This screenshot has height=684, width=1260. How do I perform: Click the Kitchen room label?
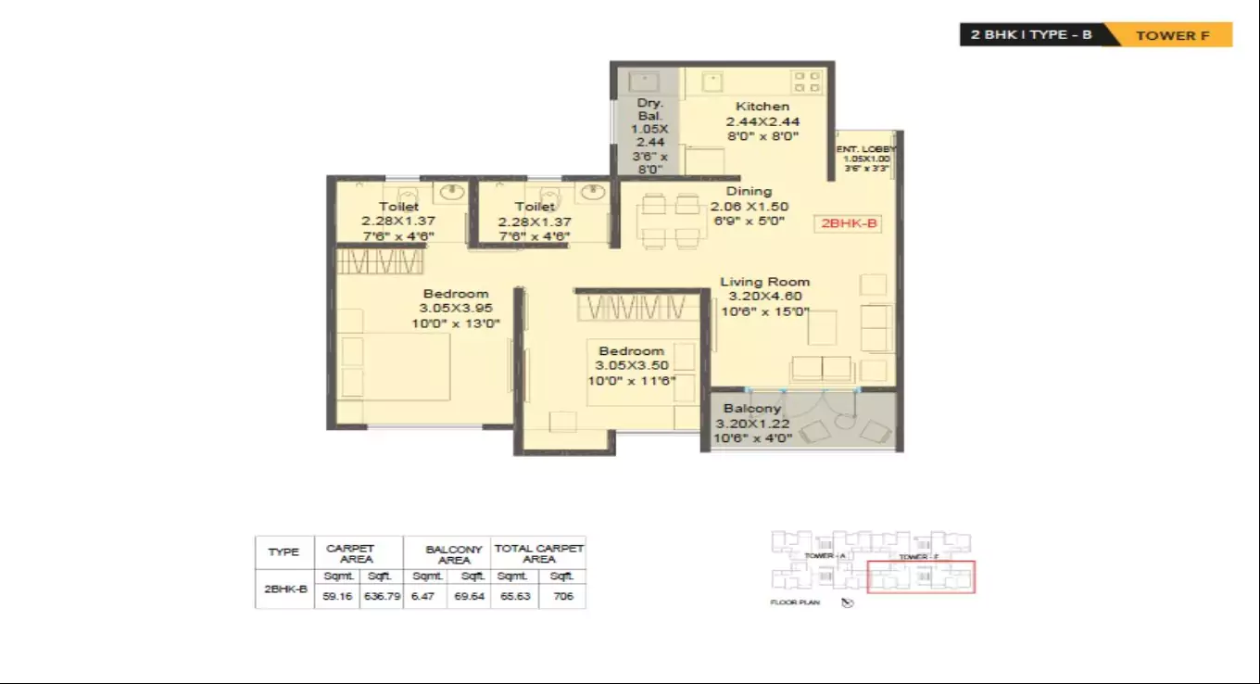[x=762, y=107]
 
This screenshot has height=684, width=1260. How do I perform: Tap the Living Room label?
[x=765, y=282]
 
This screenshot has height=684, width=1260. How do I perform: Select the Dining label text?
[x=749, y=191]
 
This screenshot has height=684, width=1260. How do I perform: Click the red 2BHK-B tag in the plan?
[x=849, y=223]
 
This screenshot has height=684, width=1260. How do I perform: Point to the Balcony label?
[x=752, y=408]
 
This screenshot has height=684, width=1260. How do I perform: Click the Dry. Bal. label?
[x=649, y=110]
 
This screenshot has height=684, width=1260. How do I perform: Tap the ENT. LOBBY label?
[x=866, y=148]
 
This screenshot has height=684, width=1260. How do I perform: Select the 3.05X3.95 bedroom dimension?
[x=456, y=309]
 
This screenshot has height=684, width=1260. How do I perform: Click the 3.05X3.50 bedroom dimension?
[x=632, y=365]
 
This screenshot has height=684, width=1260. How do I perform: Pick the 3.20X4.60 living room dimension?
[x=765, y=297]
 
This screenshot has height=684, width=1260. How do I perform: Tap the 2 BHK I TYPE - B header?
[x=1031, y=35]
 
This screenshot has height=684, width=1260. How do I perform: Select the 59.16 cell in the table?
[x=336, y=596]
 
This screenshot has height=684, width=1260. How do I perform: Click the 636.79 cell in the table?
[x=382, y=596]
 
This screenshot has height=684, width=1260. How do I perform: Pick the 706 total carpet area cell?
[x=561, y=596]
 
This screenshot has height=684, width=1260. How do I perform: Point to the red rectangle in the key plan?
[x=921, y=577]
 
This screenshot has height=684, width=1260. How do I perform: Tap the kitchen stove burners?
[x=806, y=82]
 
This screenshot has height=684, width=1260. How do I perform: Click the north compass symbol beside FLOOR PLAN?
[x=847, y=602]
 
